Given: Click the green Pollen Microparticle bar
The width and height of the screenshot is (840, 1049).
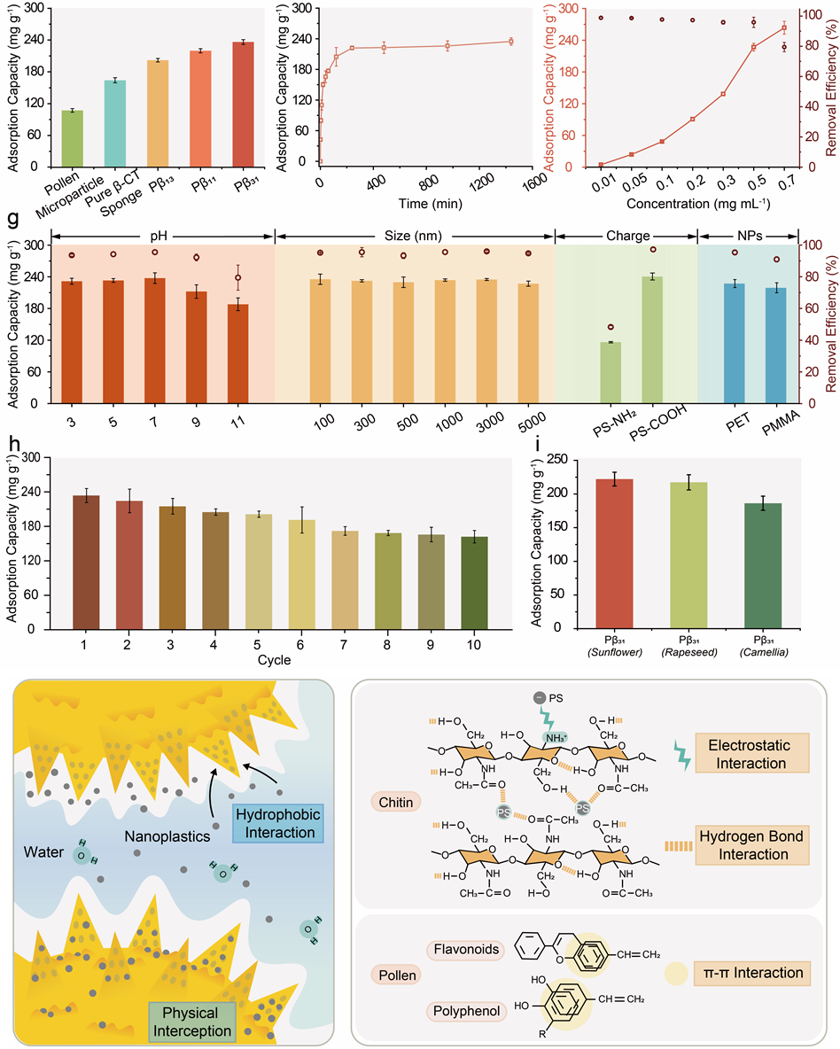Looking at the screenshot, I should pos(72,138).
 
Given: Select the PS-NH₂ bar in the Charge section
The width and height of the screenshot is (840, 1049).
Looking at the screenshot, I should pos(611,372).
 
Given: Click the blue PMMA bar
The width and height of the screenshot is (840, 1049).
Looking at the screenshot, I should pos(775,345).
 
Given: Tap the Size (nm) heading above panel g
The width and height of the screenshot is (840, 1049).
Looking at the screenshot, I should pos(415,236).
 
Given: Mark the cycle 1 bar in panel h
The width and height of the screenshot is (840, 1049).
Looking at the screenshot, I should pos(86,562).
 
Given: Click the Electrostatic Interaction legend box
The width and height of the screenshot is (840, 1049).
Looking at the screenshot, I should pos(752,753).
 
